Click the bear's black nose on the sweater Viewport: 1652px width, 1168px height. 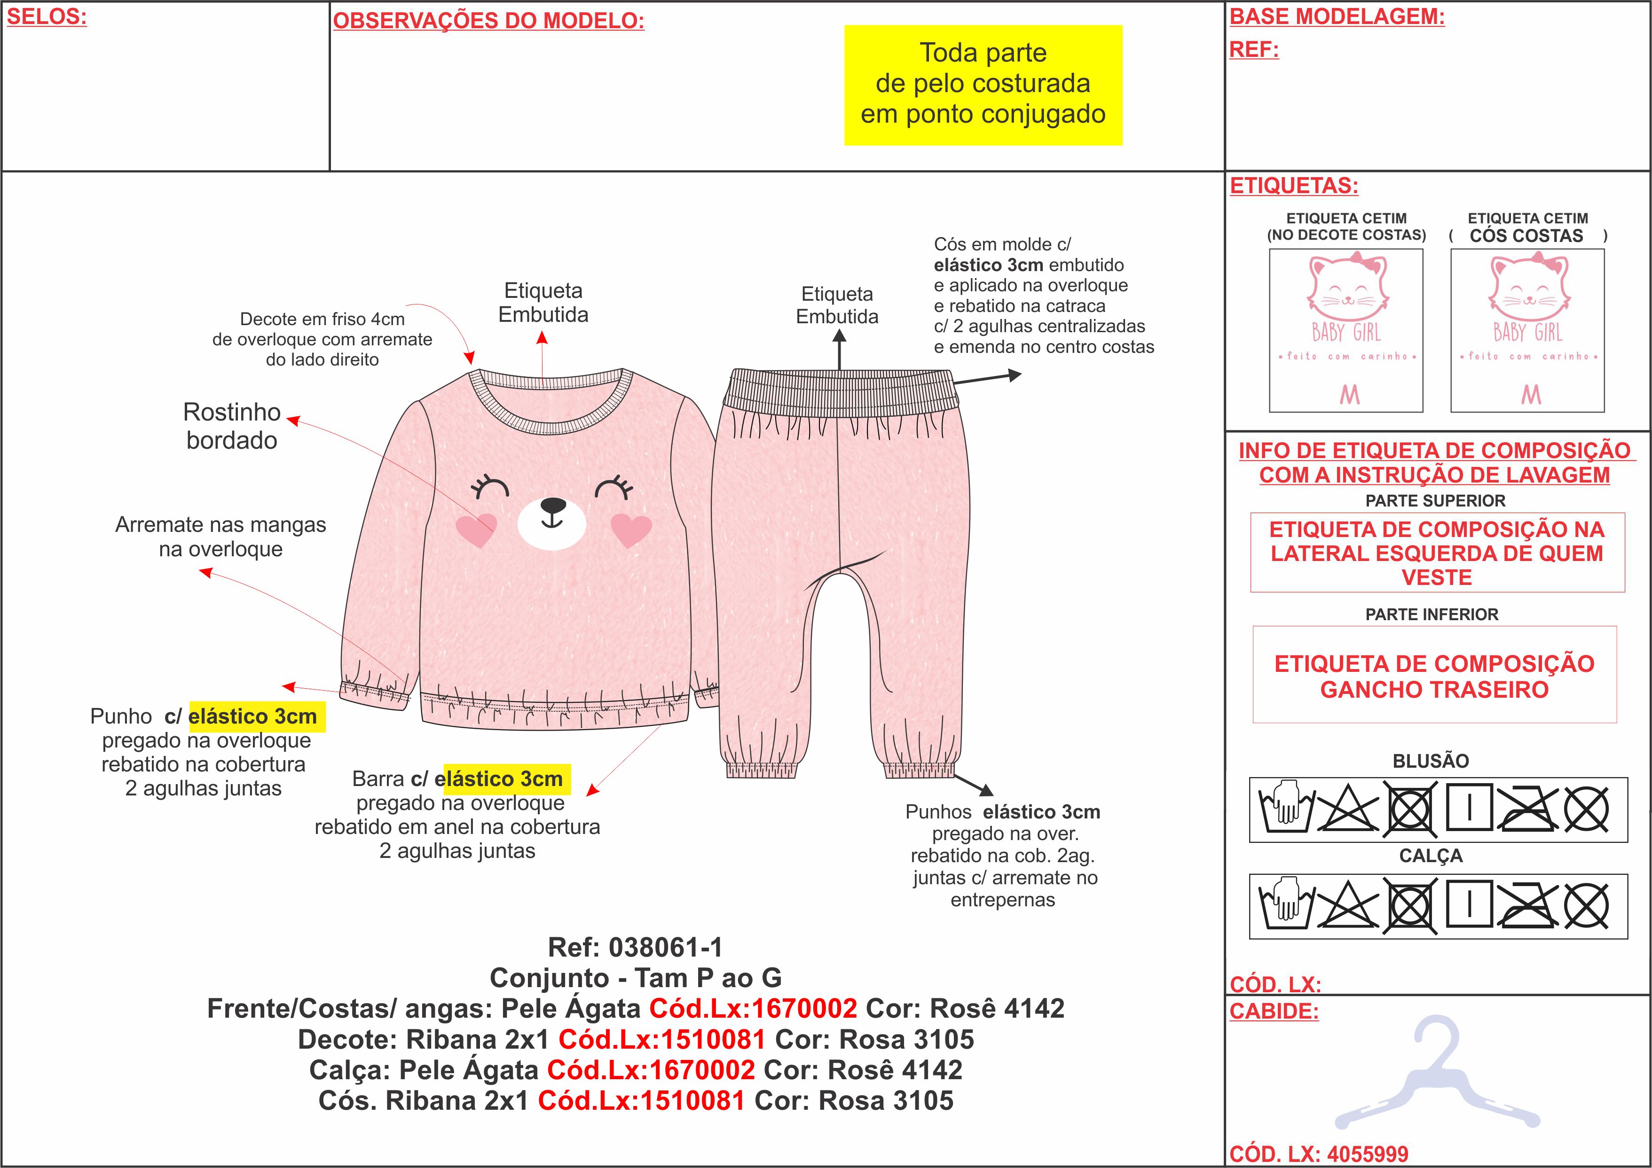click(x=552, y=506)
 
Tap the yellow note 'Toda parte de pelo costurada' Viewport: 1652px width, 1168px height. click(x=983, y=84)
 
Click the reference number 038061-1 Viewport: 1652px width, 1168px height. click(x=666, y=947)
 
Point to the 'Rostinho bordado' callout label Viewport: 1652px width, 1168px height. click(x=232, y=426)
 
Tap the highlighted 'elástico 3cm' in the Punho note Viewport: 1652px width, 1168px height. click(x=252, y=716)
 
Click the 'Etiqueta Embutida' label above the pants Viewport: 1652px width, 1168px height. click(x=837, y=305)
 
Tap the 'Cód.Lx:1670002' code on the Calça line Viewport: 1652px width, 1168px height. click(x=651, y=1070)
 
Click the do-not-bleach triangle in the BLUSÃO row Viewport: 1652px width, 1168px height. click(x=1348, y=809)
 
